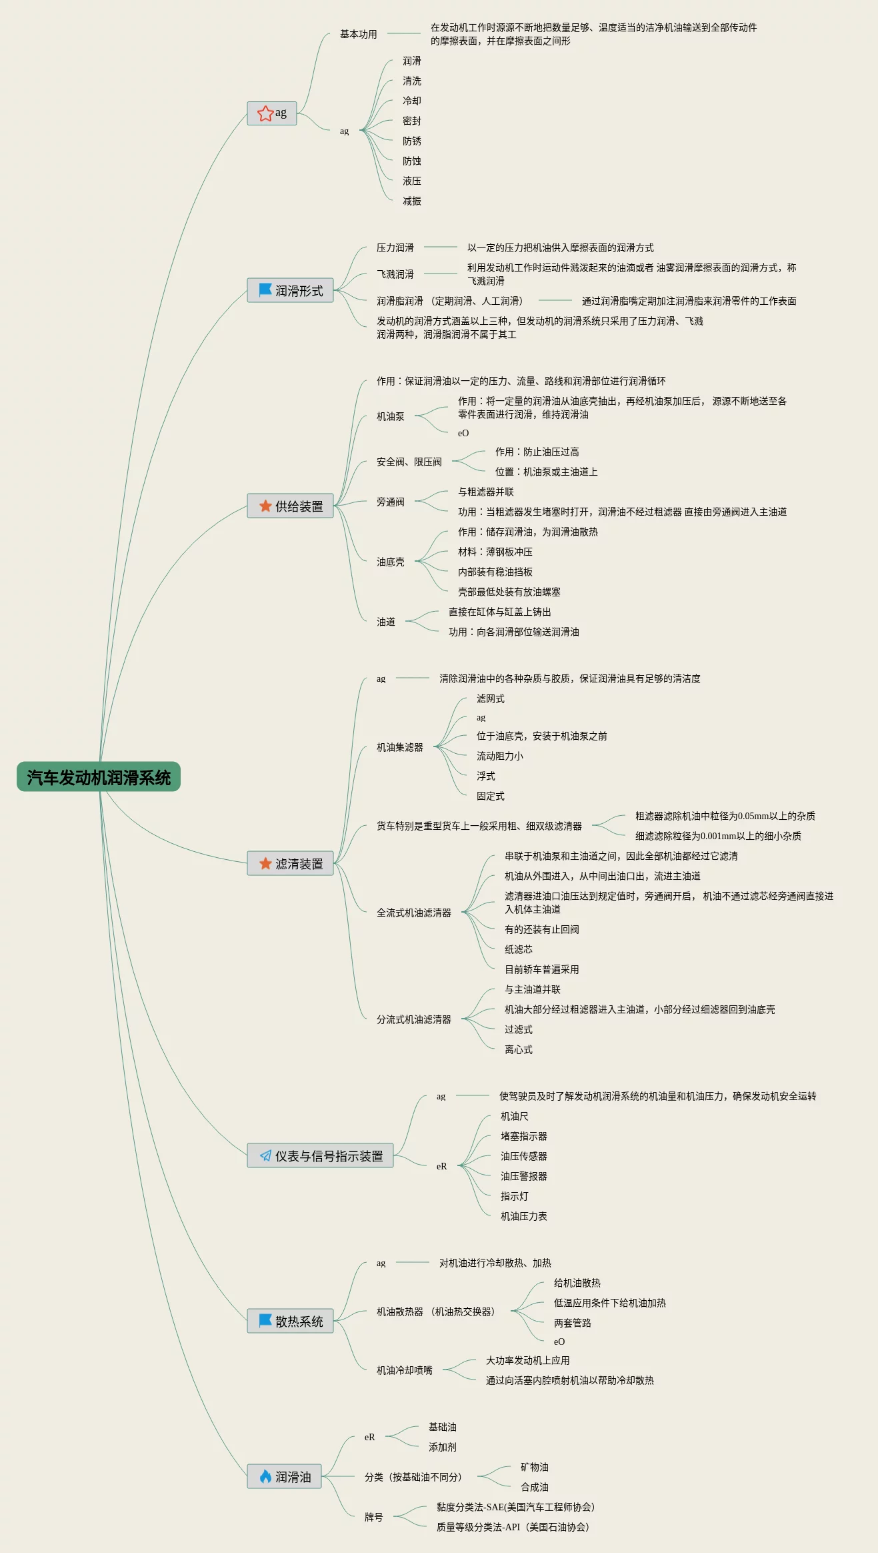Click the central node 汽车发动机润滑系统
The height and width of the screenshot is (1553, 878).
[99, 777]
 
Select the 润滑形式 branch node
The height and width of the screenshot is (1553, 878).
[291, 290]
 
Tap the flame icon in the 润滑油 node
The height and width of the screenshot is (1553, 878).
[265, 1476]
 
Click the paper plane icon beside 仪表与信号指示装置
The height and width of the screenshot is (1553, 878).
[265, 1155]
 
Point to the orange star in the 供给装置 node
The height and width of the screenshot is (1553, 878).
[265, 506]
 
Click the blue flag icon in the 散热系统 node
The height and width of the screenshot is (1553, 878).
[265, 1320]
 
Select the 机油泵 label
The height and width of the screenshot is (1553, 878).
[390, 416]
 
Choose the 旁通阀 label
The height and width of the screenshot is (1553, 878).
[390, 502]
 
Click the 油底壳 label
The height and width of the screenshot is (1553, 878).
[390, 562]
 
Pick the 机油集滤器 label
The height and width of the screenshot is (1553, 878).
[399, 747]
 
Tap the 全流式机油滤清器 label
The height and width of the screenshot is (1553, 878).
[413, 913]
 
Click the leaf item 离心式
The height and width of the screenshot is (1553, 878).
[518, 1049]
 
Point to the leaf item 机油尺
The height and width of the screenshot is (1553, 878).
[514, 1116]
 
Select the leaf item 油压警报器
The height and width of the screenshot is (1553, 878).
[523, 1176]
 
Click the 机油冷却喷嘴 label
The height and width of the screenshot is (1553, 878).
[404, 1370]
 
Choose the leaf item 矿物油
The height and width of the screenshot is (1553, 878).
[534, 1467]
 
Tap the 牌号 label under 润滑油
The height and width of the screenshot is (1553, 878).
[373, 1517]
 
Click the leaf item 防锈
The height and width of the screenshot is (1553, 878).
[411, 141]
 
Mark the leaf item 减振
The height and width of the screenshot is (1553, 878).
[411, 201]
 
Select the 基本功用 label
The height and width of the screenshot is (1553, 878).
[358, 34]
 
